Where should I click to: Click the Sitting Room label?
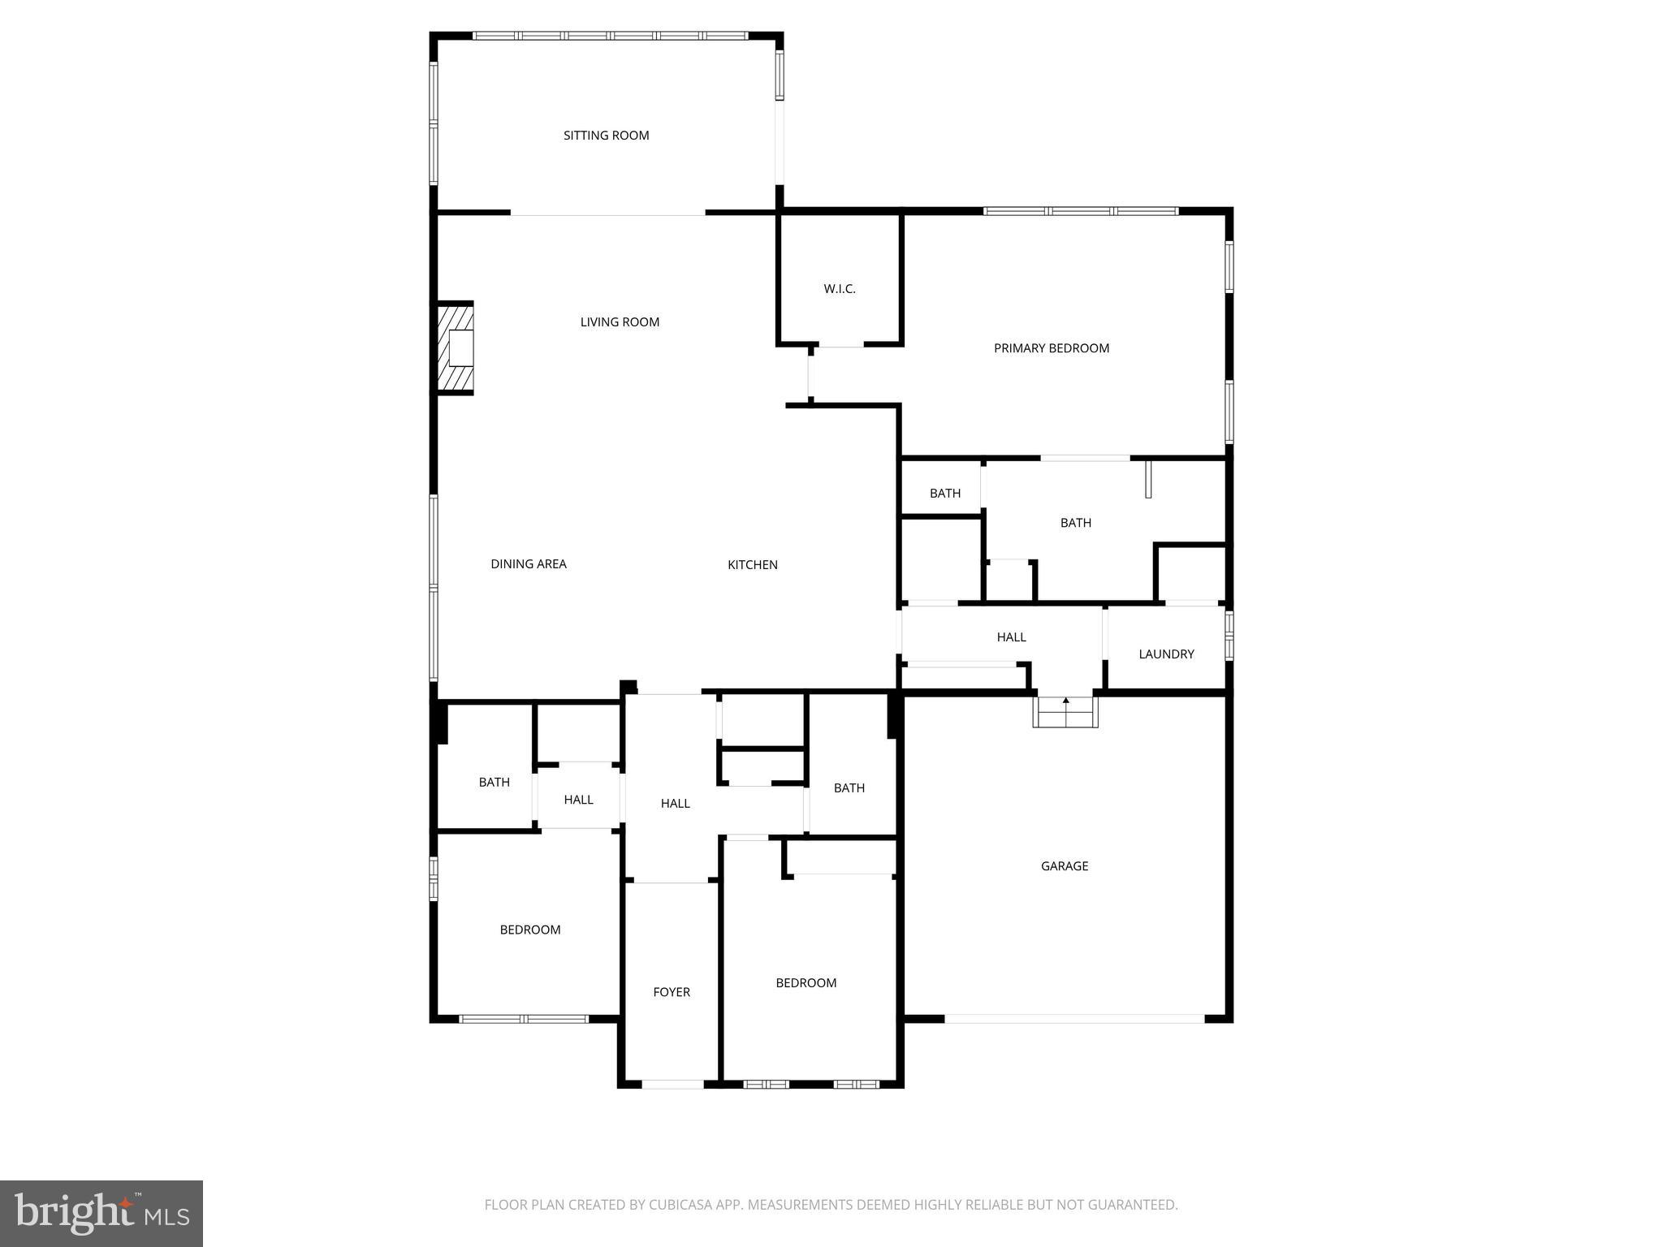click(x=606, y=136)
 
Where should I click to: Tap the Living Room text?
click(x=620, y=322)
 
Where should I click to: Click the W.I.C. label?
click(x=840, y=289)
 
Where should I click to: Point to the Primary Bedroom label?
click(x=1051, y=348)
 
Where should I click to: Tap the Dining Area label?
click(x=529, y=564)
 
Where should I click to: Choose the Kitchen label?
click(x=752, y=565)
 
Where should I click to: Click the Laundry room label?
click(x=1166, y=654)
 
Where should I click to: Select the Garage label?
click(x=1064, y=866)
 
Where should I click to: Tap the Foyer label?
click(x=672, y=992)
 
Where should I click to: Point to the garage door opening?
click(x=1073, y=1018)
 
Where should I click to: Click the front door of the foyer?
click(x=672, y=1084)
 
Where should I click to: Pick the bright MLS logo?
click(x=102, y=1213)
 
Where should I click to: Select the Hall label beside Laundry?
click(x=1011, y=637)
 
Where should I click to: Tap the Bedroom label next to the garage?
click(x=806, y=983)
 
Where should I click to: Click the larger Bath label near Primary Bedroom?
click(x=1075, y=523)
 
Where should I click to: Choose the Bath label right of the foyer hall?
click(x=849, y=788)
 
